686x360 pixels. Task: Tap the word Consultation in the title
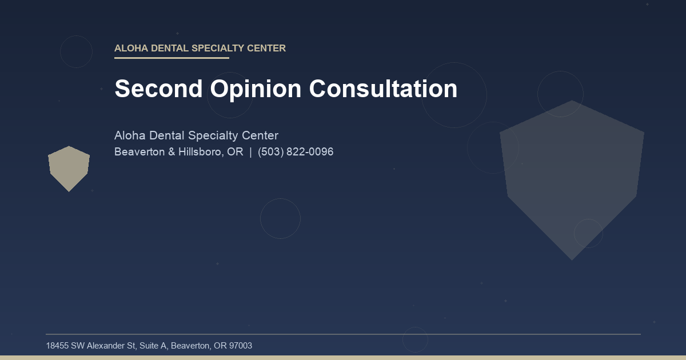point(383,89)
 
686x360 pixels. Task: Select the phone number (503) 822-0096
point(296,152)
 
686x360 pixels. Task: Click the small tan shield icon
point(69,167)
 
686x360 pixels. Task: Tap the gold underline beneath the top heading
point(171,58)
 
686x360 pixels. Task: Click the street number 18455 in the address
point(57,346)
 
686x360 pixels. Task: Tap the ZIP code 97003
point(240,346)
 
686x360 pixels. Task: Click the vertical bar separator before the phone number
point(250,152)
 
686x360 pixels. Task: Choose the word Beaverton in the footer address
point(190,346)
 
